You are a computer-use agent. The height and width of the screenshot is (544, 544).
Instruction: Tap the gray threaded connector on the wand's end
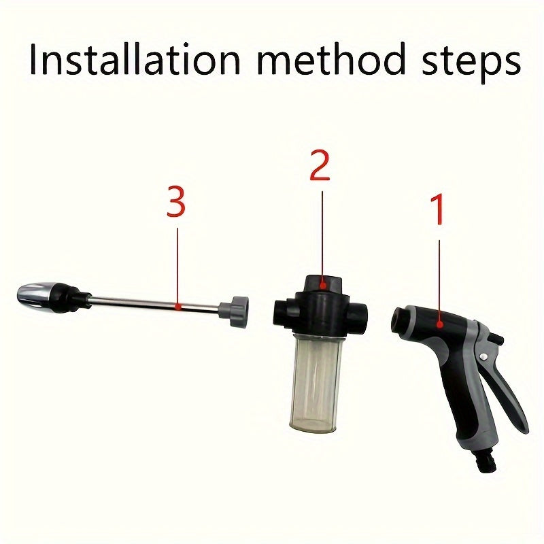238,311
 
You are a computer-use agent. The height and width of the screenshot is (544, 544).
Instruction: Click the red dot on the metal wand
177,307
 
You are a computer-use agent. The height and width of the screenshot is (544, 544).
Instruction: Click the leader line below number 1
439,279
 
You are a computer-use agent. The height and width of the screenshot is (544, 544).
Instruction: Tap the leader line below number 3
177,265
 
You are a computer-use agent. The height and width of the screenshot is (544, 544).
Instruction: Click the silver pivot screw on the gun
482,357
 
